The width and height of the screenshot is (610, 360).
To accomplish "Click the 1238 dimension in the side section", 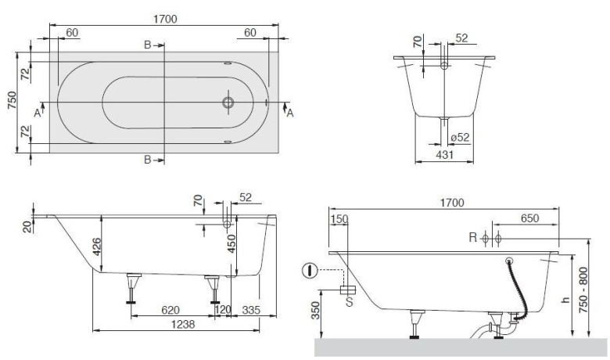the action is [x=183, y=324].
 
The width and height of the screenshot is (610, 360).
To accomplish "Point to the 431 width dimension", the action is [x=444, y=154].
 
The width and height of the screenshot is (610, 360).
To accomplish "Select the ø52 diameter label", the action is [x=460, y=138].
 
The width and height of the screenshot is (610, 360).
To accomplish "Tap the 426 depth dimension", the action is [x=96, y=246].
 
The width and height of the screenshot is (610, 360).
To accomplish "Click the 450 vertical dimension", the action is [x=231, y=243].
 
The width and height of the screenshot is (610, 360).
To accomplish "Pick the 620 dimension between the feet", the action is [x=170, y=310].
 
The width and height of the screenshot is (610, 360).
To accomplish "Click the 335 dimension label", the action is [x=251, y=310].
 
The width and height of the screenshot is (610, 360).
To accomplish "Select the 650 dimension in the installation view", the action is [x=530, y=218].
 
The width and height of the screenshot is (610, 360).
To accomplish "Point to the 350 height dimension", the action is [x=315, y=310].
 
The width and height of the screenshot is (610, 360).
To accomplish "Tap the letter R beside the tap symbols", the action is [x=472, y=237].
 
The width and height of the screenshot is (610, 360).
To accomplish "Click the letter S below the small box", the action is [x=350, y=301].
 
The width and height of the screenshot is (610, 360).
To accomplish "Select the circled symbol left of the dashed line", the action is [x=310, y=270].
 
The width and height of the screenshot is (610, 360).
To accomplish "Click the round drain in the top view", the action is [x=228, y=103].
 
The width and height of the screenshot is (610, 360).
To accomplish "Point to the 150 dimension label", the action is [x=339, y=219].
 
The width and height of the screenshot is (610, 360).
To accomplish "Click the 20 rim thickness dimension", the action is [x=27, y=226].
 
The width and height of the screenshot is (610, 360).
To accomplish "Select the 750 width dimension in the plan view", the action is [x=12, y=100].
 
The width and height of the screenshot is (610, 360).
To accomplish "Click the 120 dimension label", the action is [x=223, y=310].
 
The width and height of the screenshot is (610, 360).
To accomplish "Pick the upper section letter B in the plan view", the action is [x=148, y=45].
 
